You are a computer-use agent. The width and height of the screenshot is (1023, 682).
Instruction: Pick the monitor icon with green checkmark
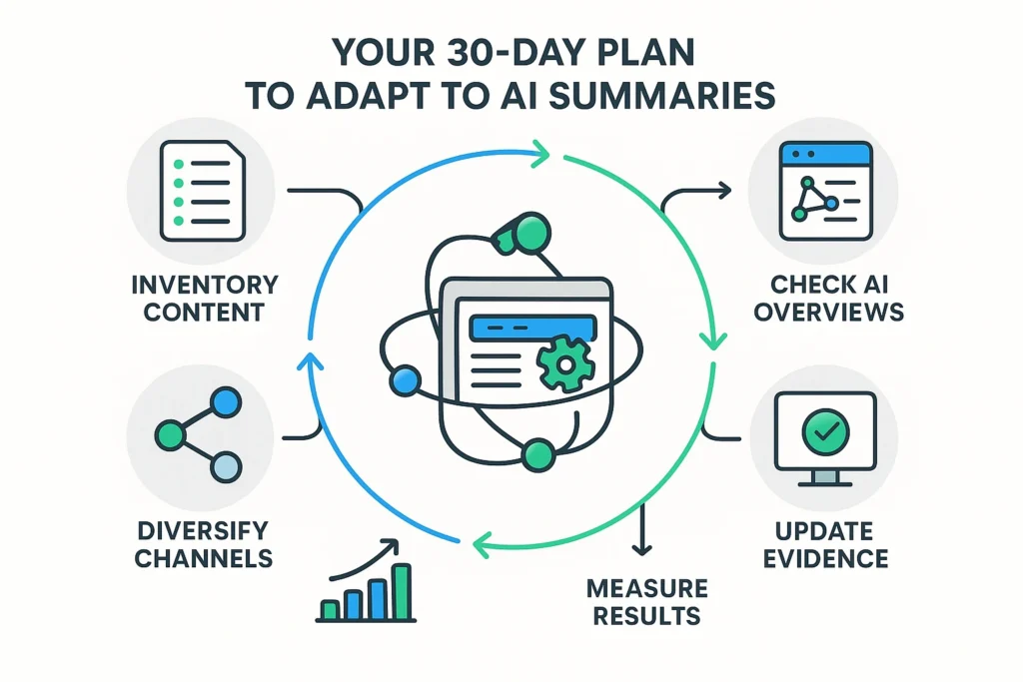point(825,435)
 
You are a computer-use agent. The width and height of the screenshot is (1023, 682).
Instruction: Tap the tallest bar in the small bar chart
point(402,592)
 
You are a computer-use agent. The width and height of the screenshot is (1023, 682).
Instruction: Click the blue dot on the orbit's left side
point(404,379)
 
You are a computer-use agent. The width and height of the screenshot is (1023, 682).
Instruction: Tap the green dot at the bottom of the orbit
point(537,452)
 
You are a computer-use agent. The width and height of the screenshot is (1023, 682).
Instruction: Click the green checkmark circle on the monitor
point(825,429)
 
